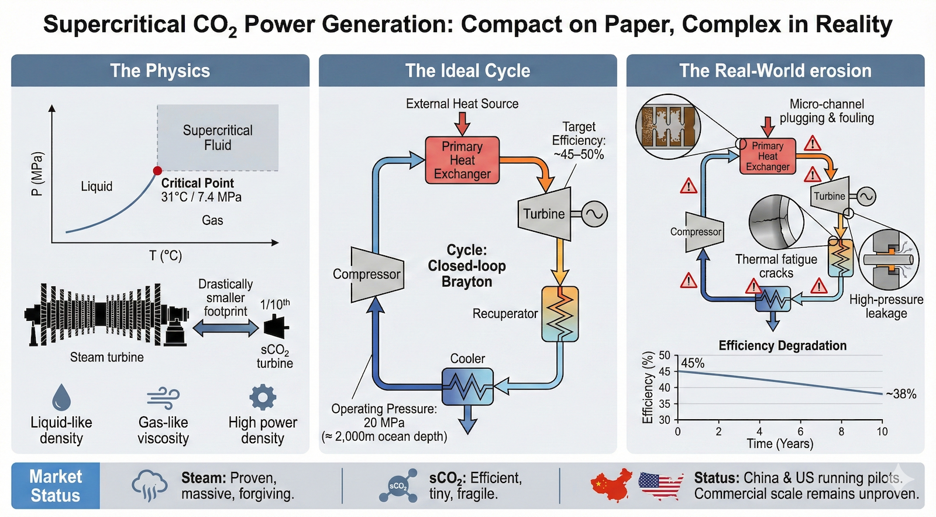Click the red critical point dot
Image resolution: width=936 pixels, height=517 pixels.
(157, 171)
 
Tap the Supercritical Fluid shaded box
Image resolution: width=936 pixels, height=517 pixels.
(218, 138)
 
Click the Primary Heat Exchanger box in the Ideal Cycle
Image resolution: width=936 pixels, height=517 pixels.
(462, 160)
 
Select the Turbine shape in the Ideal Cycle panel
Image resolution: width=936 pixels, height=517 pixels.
(545, 214)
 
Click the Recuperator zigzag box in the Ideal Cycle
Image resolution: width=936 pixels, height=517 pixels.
(560, 314)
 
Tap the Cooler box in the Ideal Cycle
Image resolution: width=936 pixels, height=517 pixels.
(467, 386)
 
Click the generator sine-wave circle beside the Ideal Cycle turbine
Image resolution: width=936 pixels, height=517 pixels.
(594, 214)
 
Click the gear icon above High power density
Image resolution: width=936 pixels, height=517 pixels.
(263, 397)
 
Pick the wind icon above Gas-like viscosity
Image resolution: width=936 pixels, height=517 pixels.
(163, 398)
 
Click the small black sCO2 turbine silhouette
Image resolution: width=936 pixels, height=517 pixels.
(276, 327)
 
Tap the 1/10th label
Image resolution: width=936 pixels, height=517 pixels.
(275, 304)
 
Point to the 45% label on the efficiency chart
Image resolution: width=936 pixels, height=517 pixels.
(693, 363)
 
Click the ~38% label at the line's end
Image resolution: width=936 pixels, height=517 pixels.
(901, 394)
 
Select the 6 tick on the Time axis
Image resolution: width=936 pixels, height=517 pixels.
(800, 432)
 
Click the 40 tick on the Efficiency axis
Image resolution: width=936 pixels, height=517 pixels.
(665, 388)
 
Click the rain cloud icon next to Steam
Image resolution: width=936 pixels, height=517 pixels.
(150, 485)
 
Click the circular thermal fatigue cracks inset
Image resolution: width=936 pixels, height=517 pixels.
(776, 222)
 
